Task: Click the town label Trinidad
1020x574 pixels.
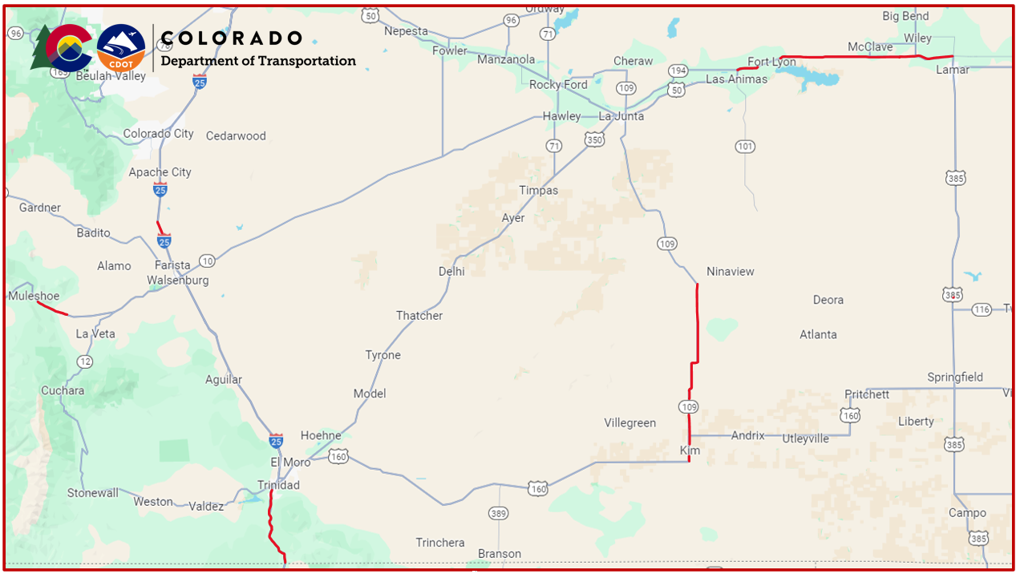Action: [x=278, y=485]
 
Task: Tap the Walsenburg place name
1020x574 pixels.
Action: [x=177, y=280]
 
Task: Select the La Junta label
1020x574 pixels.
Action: [x=621, y=116]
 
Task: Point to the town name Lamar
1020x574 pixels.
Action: [x=953, y=70]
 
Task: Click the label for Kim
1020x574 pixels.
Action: [x=690, y=451]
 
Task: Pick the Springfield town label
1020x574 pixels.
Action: [x=955, y=377]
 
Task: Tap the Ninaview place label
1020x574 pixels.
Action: [x=730, y=272]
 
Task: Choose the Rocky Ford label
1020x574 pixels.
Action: [x=558, y=84]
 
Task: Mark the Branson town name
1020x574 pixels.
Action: [x=499, y=554]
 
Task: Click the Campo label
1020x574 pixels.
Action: [x=967, y=513]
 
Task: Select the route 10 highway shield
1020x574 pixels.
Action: [x=207, y=261]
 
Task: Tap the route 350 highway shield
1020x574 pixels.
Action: [x=594, y=140]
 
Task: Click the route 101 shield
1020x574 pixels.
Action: [x=745, y=146]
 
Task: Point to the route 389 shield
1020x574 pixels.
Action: [x=498, y=512]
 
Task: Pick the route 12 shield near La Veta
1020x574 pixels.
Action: [x=85, y=362]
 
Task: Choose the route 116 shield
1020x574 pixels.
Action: [x=982, y=309]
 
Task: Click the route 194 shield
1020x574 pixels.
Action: [x=678, y=71]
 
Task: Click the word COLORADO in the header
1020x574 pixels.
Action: [x=232, y=38]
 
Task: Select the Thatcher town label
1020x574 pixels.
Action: [x=419, y=316]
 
